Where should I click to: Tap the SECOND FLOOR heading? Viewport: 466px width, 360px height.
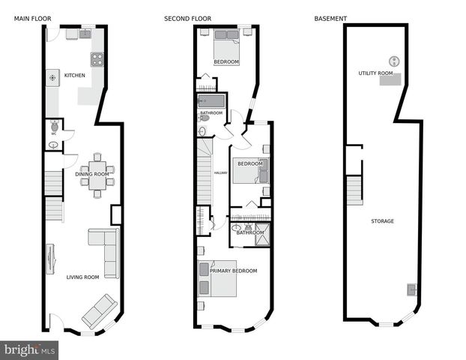(187, 18)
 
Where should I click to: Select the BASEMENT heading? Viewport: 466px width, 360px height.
(330, 18)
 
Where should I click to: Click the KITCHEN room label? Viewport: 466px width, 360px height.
(74, 75)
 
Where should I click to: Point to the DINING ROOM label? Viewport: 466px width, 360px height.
(92, 175)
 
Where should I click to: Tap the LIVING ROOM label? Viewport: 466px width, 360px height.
(82, 277)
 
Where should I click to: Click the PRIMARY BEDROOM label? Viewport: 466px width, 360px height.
(233, 271)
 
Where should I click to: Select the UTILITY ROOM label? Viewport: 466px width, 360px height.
(375, 73)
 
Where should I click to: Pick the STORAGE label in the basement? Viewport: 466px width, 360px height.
(382, 221)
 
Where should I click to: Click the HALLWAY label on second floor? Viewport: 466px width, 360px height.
(220, 173)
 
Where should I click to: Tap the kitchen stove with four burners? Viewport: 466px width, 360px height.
(97, 59)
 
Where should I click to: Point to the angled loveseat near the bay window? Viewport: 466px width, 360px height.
(99, 310)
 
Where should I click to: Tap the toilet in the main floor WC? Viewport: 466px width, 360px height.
(53, 127)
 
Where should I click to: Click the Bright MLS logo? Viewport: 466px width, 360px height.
(30, 349)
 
